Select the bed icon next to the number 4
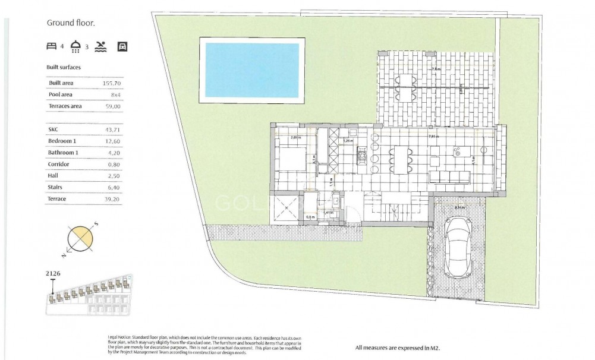click(x=52, y=46)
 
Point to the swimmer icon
click(x=100, y=46)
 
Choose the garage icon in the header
click(x=122, y=46)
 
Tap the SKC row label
click(x=53, y=129)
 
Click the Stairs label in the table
click(x=55, y=187)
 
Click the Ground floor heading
click(x=71, y=23)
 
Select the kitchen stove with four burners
click(x=361, y=157)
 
